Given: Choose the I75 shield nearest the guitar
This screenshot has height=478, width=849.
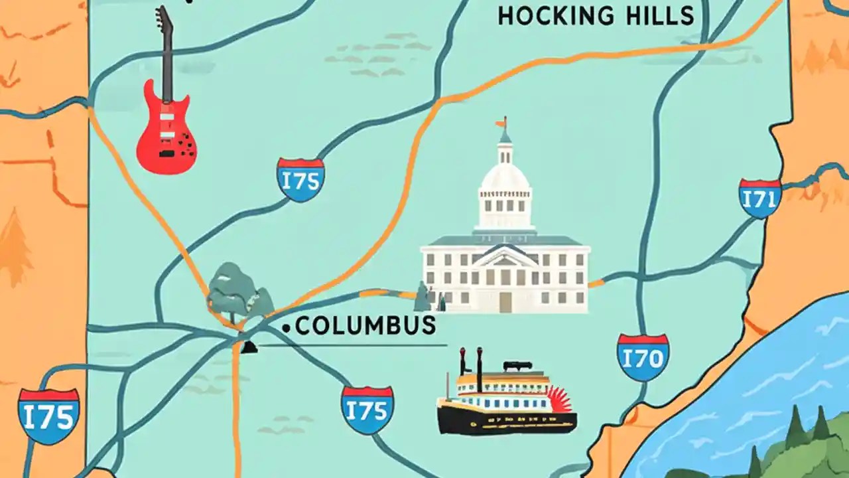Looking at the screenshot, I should pos(300,179).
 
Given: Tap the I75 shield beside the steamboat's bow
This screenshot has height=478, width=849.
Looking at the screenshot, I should pos(367,410).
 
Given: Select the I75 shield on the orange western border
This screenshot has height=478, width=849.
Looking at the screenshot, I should pos(48,416).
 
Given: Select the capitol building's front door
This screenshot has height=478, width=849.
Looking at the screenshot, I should pos(505,302).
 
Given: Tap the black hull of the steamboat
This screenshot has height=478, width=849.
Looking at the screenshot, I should pos(504,423).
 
